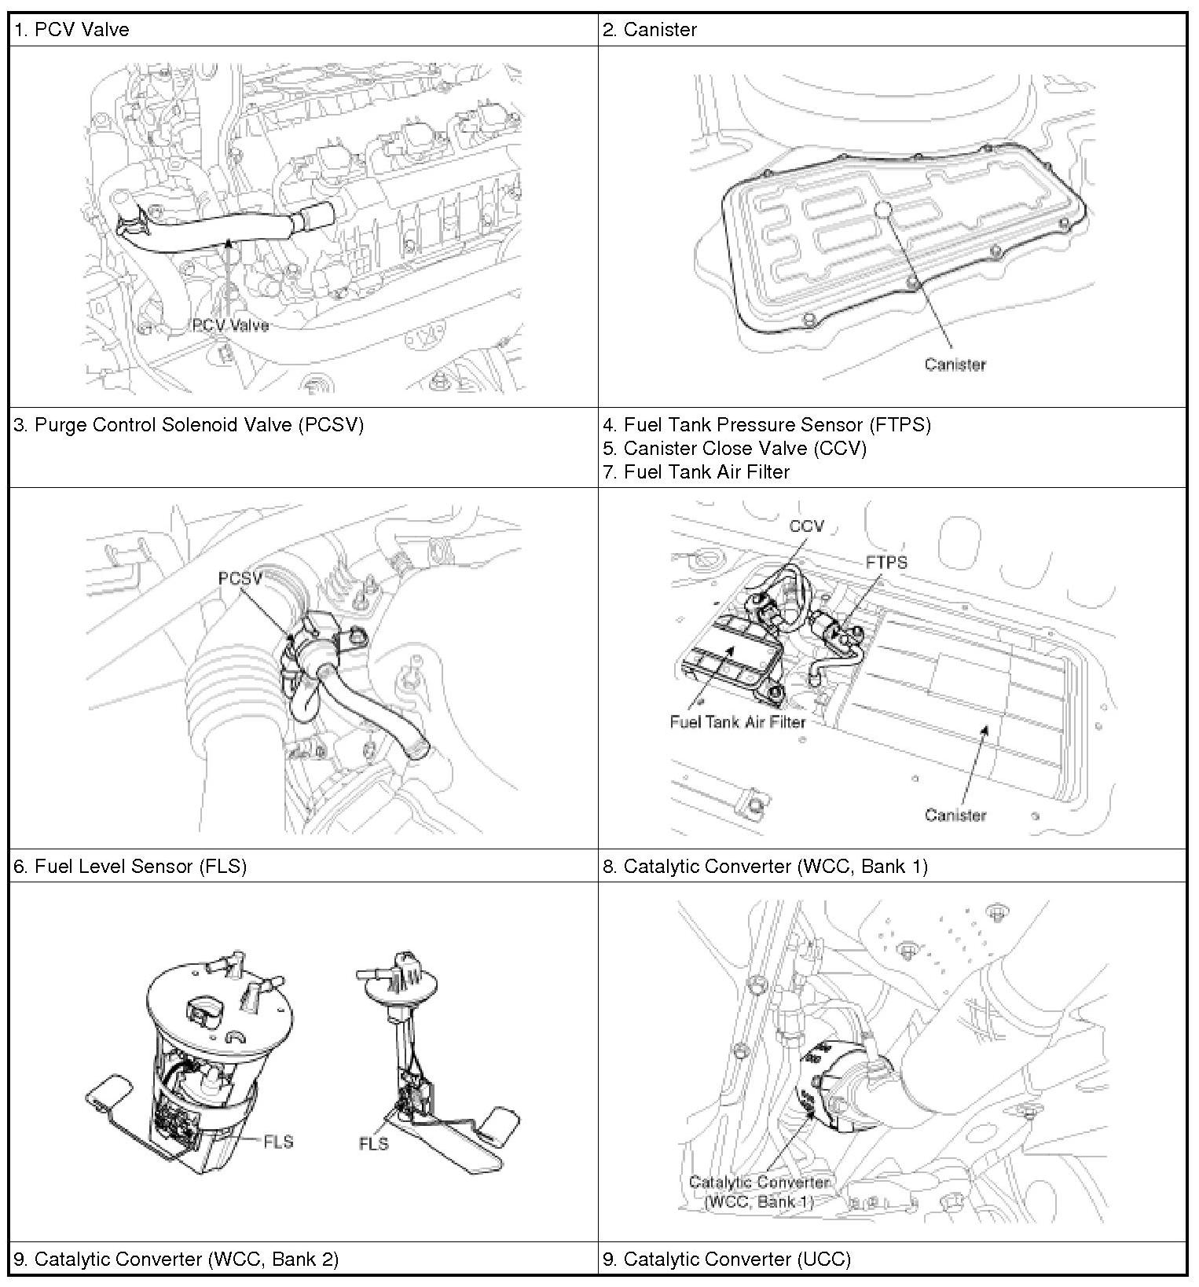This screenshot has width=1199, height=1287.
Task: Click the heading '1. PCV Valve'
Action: pyautogui.click(x=71, y=30)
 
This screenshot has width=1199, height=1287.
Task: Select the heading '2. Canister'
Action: pyautogui.click(x=650, y=30)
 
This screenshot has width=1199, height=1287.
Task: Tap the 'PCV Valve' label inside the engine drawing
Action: pyautogui.click(x=230, y=325)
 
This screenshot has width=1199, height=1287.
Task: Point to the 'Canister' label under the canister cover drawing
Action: pyautogui.click(x=955, y=364)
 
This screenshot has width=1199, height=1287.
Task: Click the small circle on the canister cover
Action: pyautogui.click(x=884, y=208)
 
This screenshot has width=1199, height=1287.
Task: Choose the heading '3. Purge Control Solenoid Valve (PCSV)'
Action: pyautogui.click(x=189, y=425)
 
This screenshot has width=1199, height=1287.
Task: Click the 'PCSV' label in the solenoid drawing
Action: pyautogui.click(x=240, y=578)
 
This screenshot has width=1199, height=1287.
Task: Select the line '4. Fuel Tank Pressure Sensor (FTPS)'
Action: pyautogui.click(x=767, y=425)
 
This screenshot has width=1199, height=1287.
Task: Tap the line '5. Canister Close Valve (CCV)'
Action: pyautogui.click(x=735, y=449)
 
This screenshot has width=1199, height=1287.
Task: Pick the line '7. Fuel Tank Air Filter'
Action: pyautogui.click(x=696, y=472)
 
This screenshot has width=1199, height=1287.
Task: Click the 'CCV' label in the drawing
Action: pyautogui.click(x=806, y=526)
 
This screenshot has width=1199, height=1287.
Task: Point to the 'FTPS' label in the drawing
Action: pyautogui.click(x=886, y=562)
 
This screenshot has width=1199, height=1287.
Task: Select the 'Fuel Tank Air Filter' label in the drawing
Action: pyautogui.click(x=738, y=721)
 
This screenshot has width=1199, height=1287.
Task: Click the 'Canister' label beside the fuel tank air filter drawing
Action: pyautogui.click(x=955, y=815)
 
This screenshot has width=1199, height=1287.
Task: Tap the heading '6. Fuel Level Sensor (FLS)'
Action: pyautogui.click(x=130, y=866)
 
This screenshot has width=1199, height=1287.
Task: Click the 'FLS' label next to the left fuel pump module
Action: pyautogui.click(x=278, y=1141)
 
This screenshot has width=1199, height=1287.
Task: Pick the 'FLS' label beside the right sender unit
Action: pyautogui.click(x=374, y=1143)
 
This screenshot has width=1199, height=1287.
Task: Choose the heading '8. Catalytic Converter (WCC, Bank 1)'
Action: pyautogui.click(x=765, y=866)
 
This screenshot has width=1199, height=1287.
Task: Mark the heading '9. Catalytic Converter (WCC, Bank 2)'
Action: pyautogui.click(x=177, y=1259)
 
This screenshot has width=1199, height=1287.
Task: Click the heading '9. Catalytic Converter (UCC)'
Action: pyautogui.click(x=727, y=1259)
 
